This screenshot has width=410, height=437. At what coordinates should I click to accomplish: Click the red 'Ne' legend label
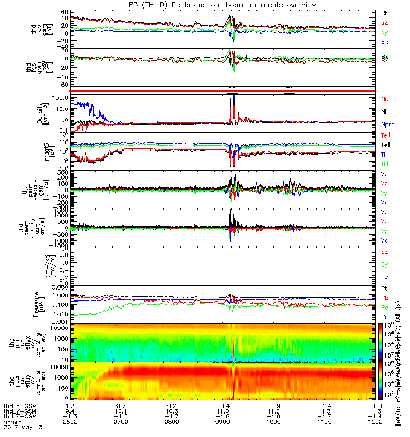point(385,99)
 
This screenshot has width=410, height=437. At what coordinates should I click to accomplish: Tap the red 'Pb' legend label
point(384,298)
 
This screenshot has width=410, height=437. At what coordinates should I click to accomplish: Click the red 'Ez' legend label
point(384,252)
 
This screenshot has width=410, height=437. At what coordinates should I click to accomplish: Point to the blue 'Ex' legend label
point(384,277)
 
